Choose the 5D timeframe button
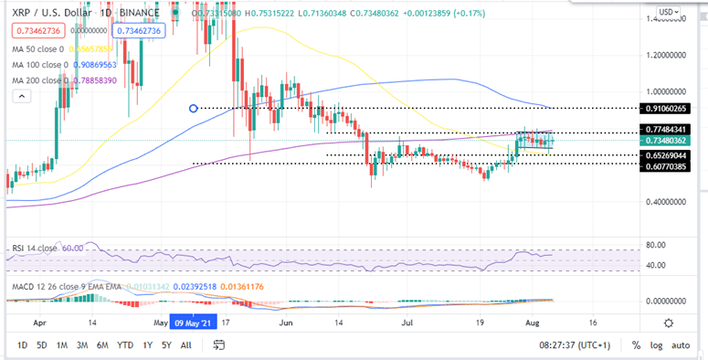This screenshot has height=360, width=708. (42, 344)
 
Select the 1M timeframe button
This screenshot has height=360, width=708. (63, 344)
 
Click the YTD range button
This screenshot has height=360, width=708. (125, 344)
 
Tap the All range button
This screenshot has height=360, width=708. (185, 344)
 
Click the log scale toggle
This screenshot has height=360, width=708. (655, 344)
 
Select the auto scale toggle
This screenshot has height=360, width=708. (681, 344)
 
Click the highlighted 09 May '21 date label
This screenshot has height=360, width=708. (192, 323)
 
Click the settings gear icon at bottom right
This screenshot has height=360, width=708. (670, 323)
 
